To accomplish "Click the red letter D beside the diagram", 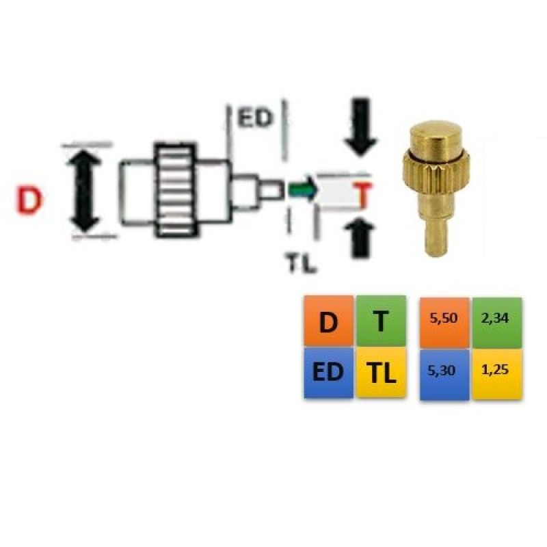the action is (x=29, y=201).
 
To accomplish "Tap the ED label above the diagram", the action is (x=254, y=118).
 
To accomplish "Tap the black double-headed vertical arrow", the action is (x=85, y=191).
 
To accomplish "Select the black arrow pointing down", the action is (x=361, y=128).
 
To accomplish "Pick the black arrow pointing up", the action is (x=360, y=238).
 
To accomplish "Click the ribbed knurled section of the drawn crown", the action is (x=176, y=190).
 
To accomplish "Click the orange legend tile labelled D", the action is (x=328, y=321).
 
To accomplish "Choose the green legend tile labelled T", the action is (x=381, y=321).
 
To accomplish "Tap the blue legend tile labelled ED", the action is (x=328, y=372).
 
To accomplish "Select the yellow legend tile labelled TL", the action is (x=381, y=372).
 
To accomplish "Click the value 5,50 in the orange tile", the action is (x=443, y=318).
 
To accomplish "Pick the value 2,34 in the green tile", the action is (x=494, y=318).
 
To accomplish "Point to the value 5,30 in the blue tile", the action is (x=442, y=370).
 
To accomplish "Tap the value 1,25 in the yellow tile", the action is (x=494, y=369).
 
